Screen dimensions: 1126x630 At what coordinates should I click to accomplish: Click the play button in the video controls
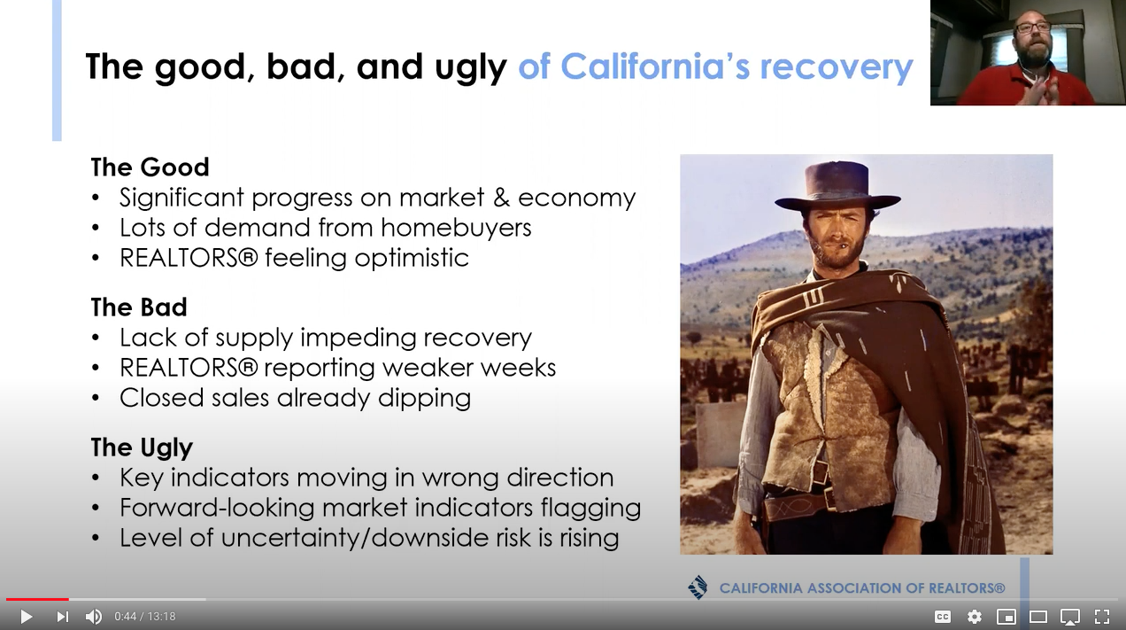[27, 617]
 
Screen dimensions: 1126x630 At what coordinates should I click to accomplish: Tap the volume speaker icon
[94, 617]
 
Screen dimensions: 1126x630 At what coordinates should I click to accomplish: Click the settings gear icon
[975, 617]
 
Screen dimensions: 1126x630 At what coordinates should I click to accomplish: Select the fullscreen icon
[1102, 617]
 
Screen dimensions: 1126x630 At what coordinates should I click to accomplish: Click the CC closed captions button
[943, 617]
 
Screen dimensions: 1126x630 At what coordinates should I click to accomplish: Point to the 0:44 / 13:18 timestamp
[145, 617]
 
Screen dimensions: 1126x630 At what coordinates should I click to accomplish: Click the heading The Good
[150, 167]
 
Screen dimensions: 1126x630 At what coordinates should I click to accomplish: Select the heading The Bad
[139, 307]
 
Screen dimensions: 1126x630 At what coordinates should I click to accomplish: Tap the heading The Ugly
[142, 447]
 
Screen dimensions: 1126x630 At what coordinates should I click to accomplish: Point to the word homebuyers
[456, 228]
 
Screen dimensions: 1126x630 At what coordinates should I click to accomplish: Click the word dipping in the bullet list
[424, 399]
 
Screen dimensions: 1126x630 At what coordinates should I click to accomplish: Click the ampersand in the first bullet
[501, 198]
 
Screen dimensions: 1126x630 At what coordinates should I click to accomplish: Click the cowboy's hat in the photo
[837, 185]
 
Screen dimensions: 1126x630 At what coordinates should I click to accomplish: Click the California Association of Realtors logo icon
[698, 587]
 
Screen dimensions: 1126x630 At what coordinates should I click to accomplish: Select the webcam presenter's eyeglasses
[1032, 27]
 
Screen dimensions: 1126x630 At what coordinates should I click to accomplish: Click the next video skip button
[62, 617]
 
